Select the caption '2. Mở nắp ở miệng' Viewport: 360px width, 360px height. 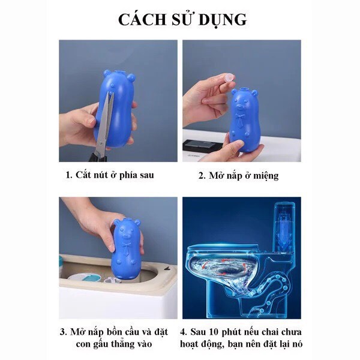point(238,176)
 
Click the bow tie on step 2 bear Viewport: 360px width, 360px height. point(241,118)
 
